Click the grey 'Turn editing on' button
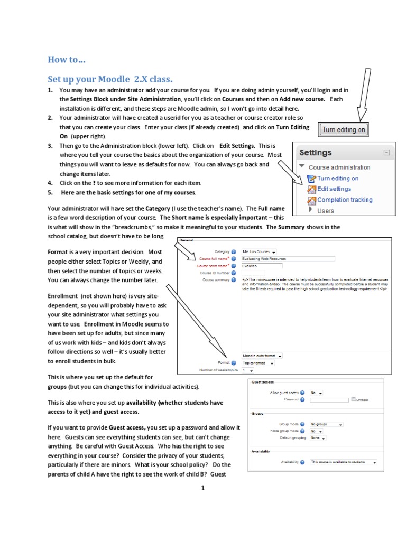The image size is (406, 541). tap(343, 129)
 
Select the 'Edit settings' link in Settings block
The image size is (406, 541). tap(334, 189)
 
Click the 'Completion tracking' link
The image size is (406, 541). tap(344, 200)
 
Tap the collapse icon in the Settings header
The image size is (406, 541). tap(386, 152)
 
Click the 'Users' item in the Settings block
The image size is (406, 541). tap(325, 211)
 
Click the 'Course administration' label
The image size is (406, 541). tap(339, 167)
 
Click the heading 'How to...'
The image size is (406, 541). tap(66, 59)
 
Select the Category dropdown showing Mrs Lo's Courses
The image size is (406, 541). tap(259, 252)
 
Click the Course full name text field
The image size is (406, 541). tap(288, 259)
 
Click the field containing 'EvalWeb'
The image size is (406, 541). tap(262, 266)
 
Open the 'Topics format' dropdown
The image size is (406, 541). tap(258, 363)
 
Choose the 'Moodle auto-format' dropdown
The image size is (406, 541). tap(262, 356)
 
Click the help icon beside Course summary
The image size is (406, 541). tap(234, 280)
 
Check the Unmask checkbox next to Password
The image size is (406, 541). tap(354, 399)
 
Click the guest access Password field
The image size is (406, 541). tap(329, 400)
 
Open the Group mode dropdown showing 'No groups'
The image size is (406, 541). tap(326, 424)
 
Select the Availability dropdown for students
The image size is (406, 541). tap(343, 462)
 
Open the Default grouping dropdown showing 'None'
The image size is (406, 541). tap(318, 437)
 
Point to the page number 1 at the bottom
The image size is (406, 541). tap(202, 489)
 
